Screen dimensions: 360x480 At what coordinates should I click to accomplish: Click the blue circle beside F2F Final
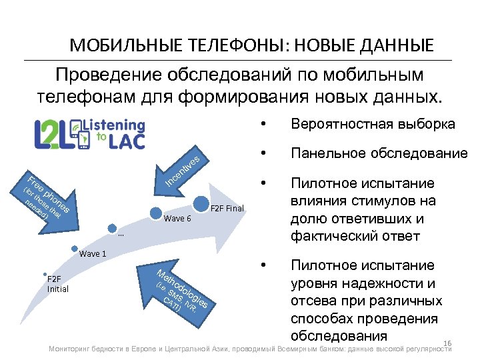[201, 202]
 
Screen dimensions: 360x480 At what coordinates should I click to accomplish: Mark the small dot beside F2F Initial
[44, 274]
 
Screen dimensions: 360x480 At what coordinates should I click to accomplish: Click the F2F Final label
[227, 209]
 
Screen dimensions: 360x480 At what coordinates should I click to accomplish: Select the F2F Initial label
[57, 284]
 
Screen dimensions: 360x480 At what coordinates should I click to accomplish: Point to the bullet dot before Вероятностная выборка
[265, 125]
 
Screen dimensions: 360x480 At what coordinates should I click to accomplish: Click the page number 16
[447, 343]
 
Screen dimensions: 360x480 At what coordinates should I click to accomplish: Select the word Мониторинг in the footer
[71, 350]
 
